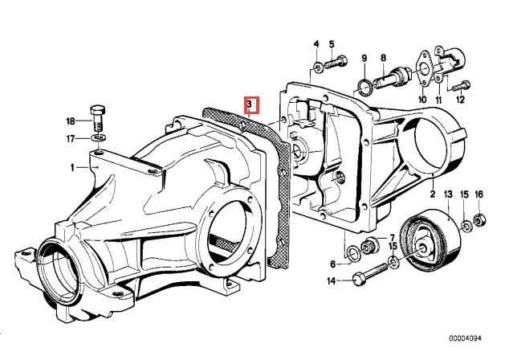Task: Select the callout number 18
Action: (x=71, y=121)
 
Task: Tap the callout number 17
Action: (x=71, y=138)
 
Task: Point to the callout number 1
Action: (x=73, y=167)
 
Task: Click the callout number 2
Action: (x=431, y=194)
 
